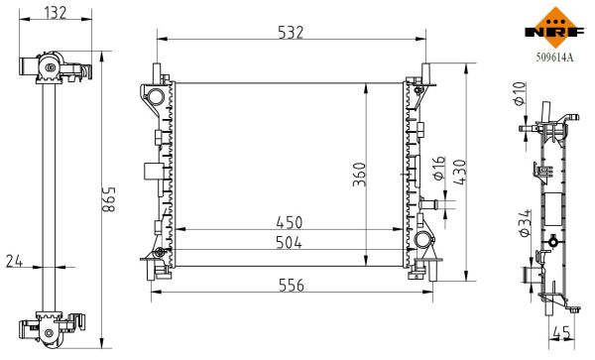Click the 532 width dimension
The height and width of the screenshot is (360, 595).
point(290,34)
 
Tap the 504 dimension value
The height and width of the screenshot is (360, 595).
point(289,242)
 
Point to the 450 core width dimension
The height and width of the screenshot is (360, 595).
point(289,222)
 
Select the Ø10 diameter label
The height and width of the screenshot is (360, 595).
point(517,96)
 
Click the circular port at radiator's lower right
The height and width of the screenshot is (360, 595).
point(423,241)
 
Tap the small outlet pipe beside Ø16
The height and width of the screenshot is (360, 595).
point(428,204)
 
